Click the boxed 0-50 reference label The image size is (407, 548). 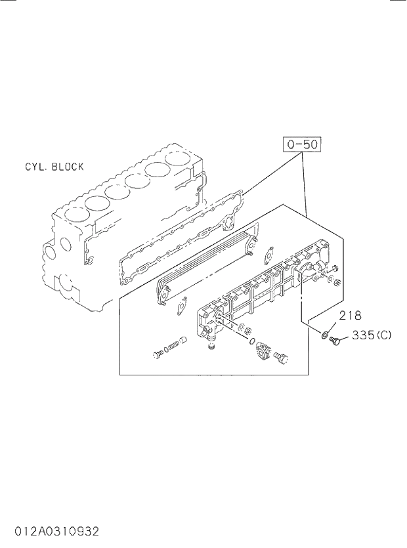303,144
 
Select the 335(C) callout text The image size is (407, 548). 371,335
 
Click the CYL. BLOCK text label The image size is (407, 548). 54,167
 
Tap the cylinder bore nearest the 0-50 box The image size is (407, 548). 177,158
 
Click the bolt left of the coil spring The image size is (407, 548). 158,354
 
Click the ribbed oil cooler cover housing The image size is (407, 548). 263,289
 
